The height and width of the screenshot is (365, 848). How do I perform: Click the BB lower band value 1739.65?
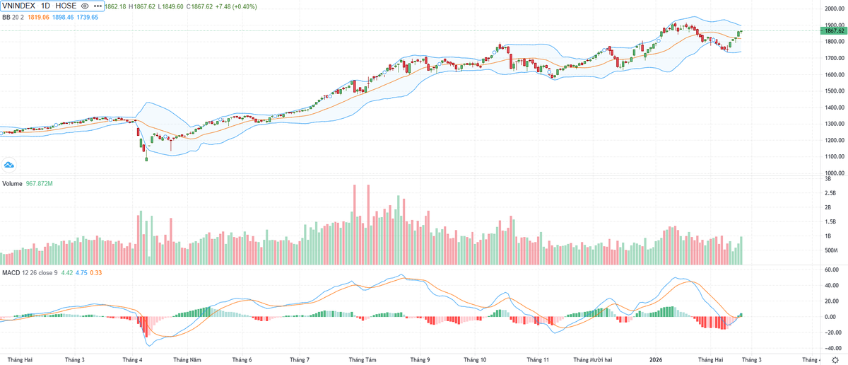(88, 17)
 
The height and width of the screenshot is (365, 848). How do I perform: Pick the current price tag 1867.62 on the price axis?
(832, 30)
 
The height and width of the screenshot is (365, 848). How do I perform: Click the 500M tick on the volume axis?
(831, 250)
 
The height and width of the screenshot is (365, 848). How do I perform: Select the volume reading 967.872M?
(40, 183)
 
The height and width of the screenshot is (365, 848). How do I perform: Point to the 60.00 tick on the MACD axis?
(831, 270)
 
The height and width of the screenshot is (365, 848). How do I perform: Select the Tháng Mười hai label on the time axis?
(592, 359)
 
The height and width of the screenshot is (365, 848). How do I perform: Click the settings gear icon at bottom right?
(835, 359)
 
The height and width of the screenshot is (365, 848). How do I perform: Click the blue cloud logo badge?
(9, 165)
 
